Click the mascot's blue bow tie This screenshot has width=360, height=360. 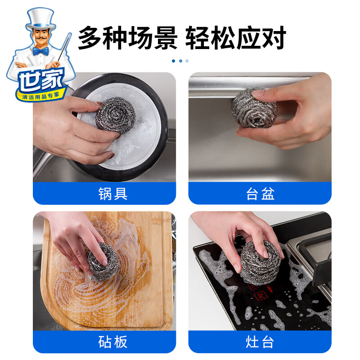pyautogui.click(x=41, y=51)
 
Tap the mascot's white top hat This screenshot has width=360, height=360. pyautogui.click(x=40, y=19)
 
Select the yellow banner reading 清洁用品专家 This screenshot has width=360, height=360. pyautogui.click(x=41, y=96)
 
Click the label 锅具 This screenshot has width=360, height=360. pyautogui.click(x=113, y=193)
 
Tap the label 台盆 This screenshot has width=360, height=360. pyautogui.click(x=260, y=193)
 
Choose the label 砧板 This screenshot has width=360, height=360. pyautogui.click(x=113, y=342)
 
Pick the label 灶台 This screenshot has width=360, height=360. pyautogui.click(x=260, y=342)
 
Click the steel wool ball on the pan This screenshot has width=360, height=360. pyautogui.click(x=116, y=115)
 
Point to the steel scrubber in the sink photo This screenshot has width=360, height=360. pyautogui.click(x=254, y=108)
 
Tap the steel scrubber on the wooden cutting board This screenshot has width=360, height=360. pyautogui.click(x=103, y=262)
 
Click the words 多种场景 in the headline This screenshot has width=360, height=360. pyautogui.click(x=128, y=38)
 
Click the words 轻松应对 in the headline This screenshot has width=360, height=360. pyautogui.click(x=235, y=38)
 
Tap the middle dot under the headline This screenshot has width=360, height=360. pyautogui.click(x=180, y=61)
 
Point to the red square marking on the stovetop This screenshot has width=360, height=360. pyautogui.click(x=261, y=295)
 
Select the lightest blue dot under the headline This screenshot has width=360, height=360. pyautogui.click(x=187, y=61)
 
